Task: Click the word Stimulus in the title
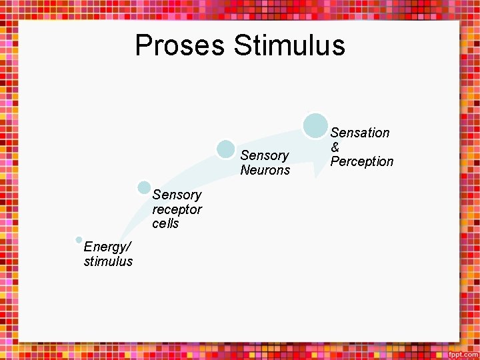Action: (289, 45)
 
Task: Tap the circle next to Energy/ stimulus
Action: (79, 240)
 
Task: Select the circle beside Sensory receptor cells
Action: (144, 189)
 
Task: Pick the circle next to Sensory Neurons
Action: (226, 149)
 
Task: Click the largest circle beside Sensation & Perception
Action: (315, 126)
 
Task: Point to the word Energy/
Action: (105, 247)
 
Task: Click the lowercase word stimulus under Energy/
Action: (108, 261)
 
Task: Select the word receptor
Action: (177, 209)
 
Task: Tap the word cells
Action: (165, 223)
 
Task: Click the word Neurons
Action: (265, 170)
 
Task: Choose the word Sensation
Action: (360, 133)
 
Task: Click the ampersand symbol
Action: (335, 147)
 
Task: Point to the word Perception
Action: (362, 161)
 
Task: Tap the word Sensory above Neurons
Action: (264, 155)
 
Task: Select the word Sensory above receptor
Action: (177, 195)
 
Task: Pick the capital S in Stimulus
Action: (242, 45)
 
